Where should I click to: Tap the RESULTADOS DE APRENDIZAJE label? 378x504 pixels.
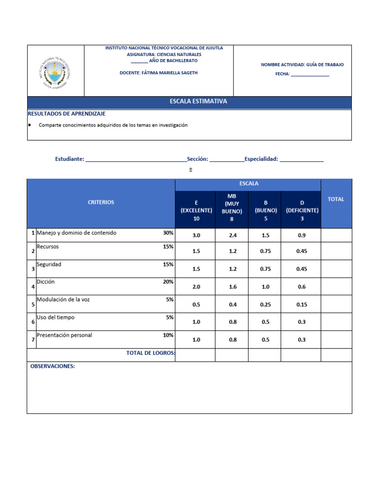tap(66, 114)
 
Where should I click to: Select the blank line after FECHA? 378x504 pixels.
tap(310, 75)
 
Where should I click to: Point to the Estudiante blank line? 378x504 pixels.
tap(136, 159)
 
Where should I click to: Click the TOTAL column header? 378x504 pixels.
tap(336, 199)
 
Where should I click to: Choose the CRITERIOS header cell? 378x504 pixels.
tap(101, 202)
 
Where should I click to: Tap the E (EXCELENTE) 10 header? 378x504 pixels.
tap(196, 210)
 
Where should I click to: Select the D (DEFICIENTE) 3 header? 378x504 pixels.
tap(302, 210)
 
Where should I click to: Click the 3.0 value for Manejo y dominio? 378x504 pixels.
tap(196, 236)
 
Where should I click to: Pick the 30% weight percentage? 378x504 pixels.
tap(168, 233)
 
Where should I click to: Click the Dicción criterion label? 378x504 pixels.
tap(46, 282)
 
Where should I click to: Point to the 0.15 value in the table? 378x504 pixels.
tap(302, 305)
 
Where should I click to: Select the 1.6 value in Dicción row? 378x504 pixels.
tap(233, 287)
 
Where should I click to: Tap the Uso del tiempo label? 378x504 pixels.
tap(56, 317)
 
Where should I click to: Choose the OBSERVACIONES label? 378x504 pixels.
tap(53, 367)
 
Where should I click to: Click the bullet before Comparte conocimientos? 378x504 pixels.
tap(31, 125)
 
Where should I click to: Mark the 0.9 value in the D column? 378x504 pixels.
tap(302, 236)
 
